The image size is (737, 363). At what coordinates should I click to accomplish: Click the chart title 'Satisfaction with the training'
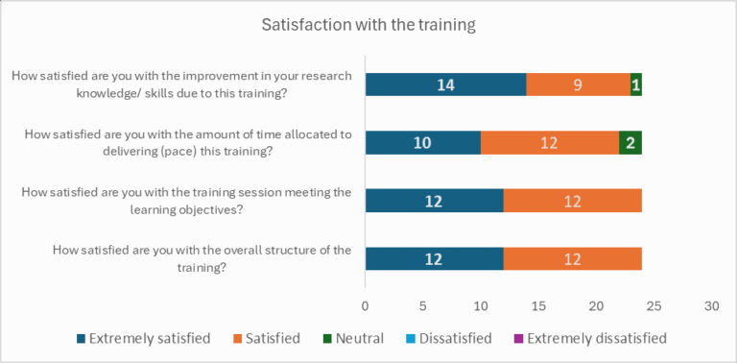pos(368,25)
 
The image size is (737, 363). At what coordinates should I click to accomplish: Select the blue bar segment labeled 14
pos(445,85)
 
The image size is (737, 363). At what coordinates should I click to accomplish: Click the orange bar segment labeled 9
pos(578,85)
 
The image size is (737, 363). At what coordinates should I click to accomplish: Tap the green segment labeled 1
pos(635,85)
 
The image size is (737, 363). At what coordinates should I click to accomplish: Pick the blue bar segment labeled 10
pos(422,143)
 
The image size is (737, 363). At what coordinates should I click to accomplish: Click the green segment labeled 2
pos(630,143)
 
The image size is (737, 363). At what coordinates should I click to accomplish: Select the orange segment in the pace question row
pos(549,143)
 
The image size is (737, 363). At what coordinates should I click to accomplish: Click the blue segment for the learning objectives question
pos(434,201)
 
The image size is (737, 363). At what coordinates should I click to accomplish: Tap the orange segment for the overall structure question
pos(572,259)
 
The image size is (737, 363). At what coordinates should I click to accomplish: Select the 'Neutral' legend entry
pos(352,338)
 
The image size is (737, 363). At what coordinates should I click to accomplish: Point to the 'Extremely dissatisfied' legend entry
pos(588,338)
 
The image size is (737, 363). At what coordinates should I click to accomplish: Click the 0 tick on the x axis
pos(365,305)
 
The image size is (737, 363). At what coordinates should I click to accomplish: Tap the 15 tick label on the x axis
pos(537,305)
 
